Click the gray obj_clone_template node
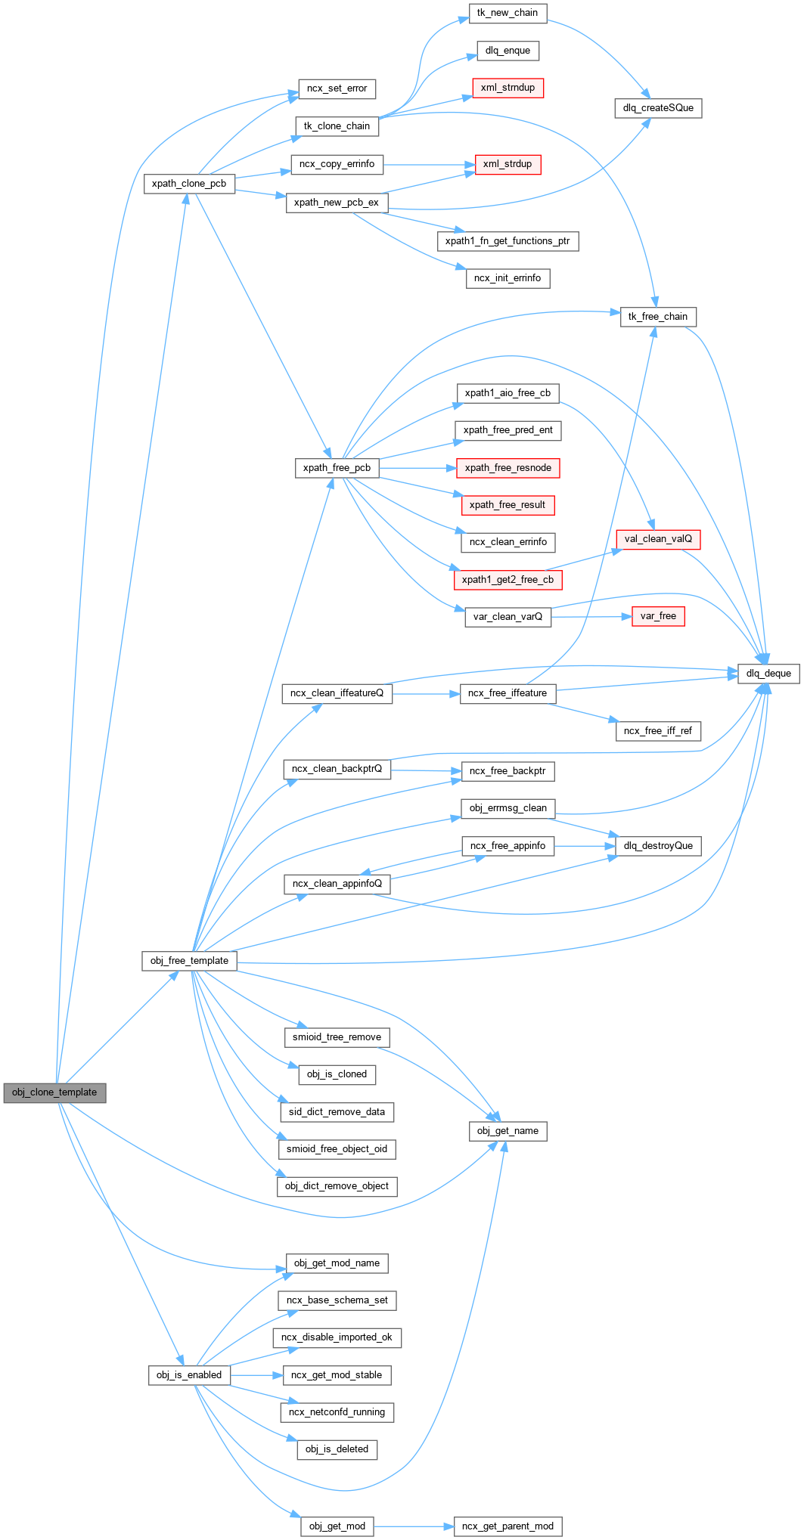[54, 1092]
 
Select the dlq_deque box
[768, 674]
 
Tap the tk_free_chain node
[658, 317]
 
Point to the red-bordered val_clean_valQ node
[658, 539]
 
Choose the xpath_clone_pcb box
[189, 184]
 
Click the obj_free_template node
[189, 961]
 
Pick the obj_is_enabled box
[189, 1375]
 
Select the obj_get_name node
[508, 1131]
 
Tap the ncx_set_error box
[337, 88]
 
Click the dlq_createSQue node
[658, 108]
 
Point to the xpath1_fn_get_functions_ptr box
[508, 241]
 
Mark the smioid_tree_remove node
[337, 1037]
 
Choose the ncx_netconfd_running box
[337, 1412]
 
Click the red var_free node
[658, 616]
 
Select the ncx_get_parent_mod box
[508, 1526]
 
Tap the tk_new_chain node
[508, 13]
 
